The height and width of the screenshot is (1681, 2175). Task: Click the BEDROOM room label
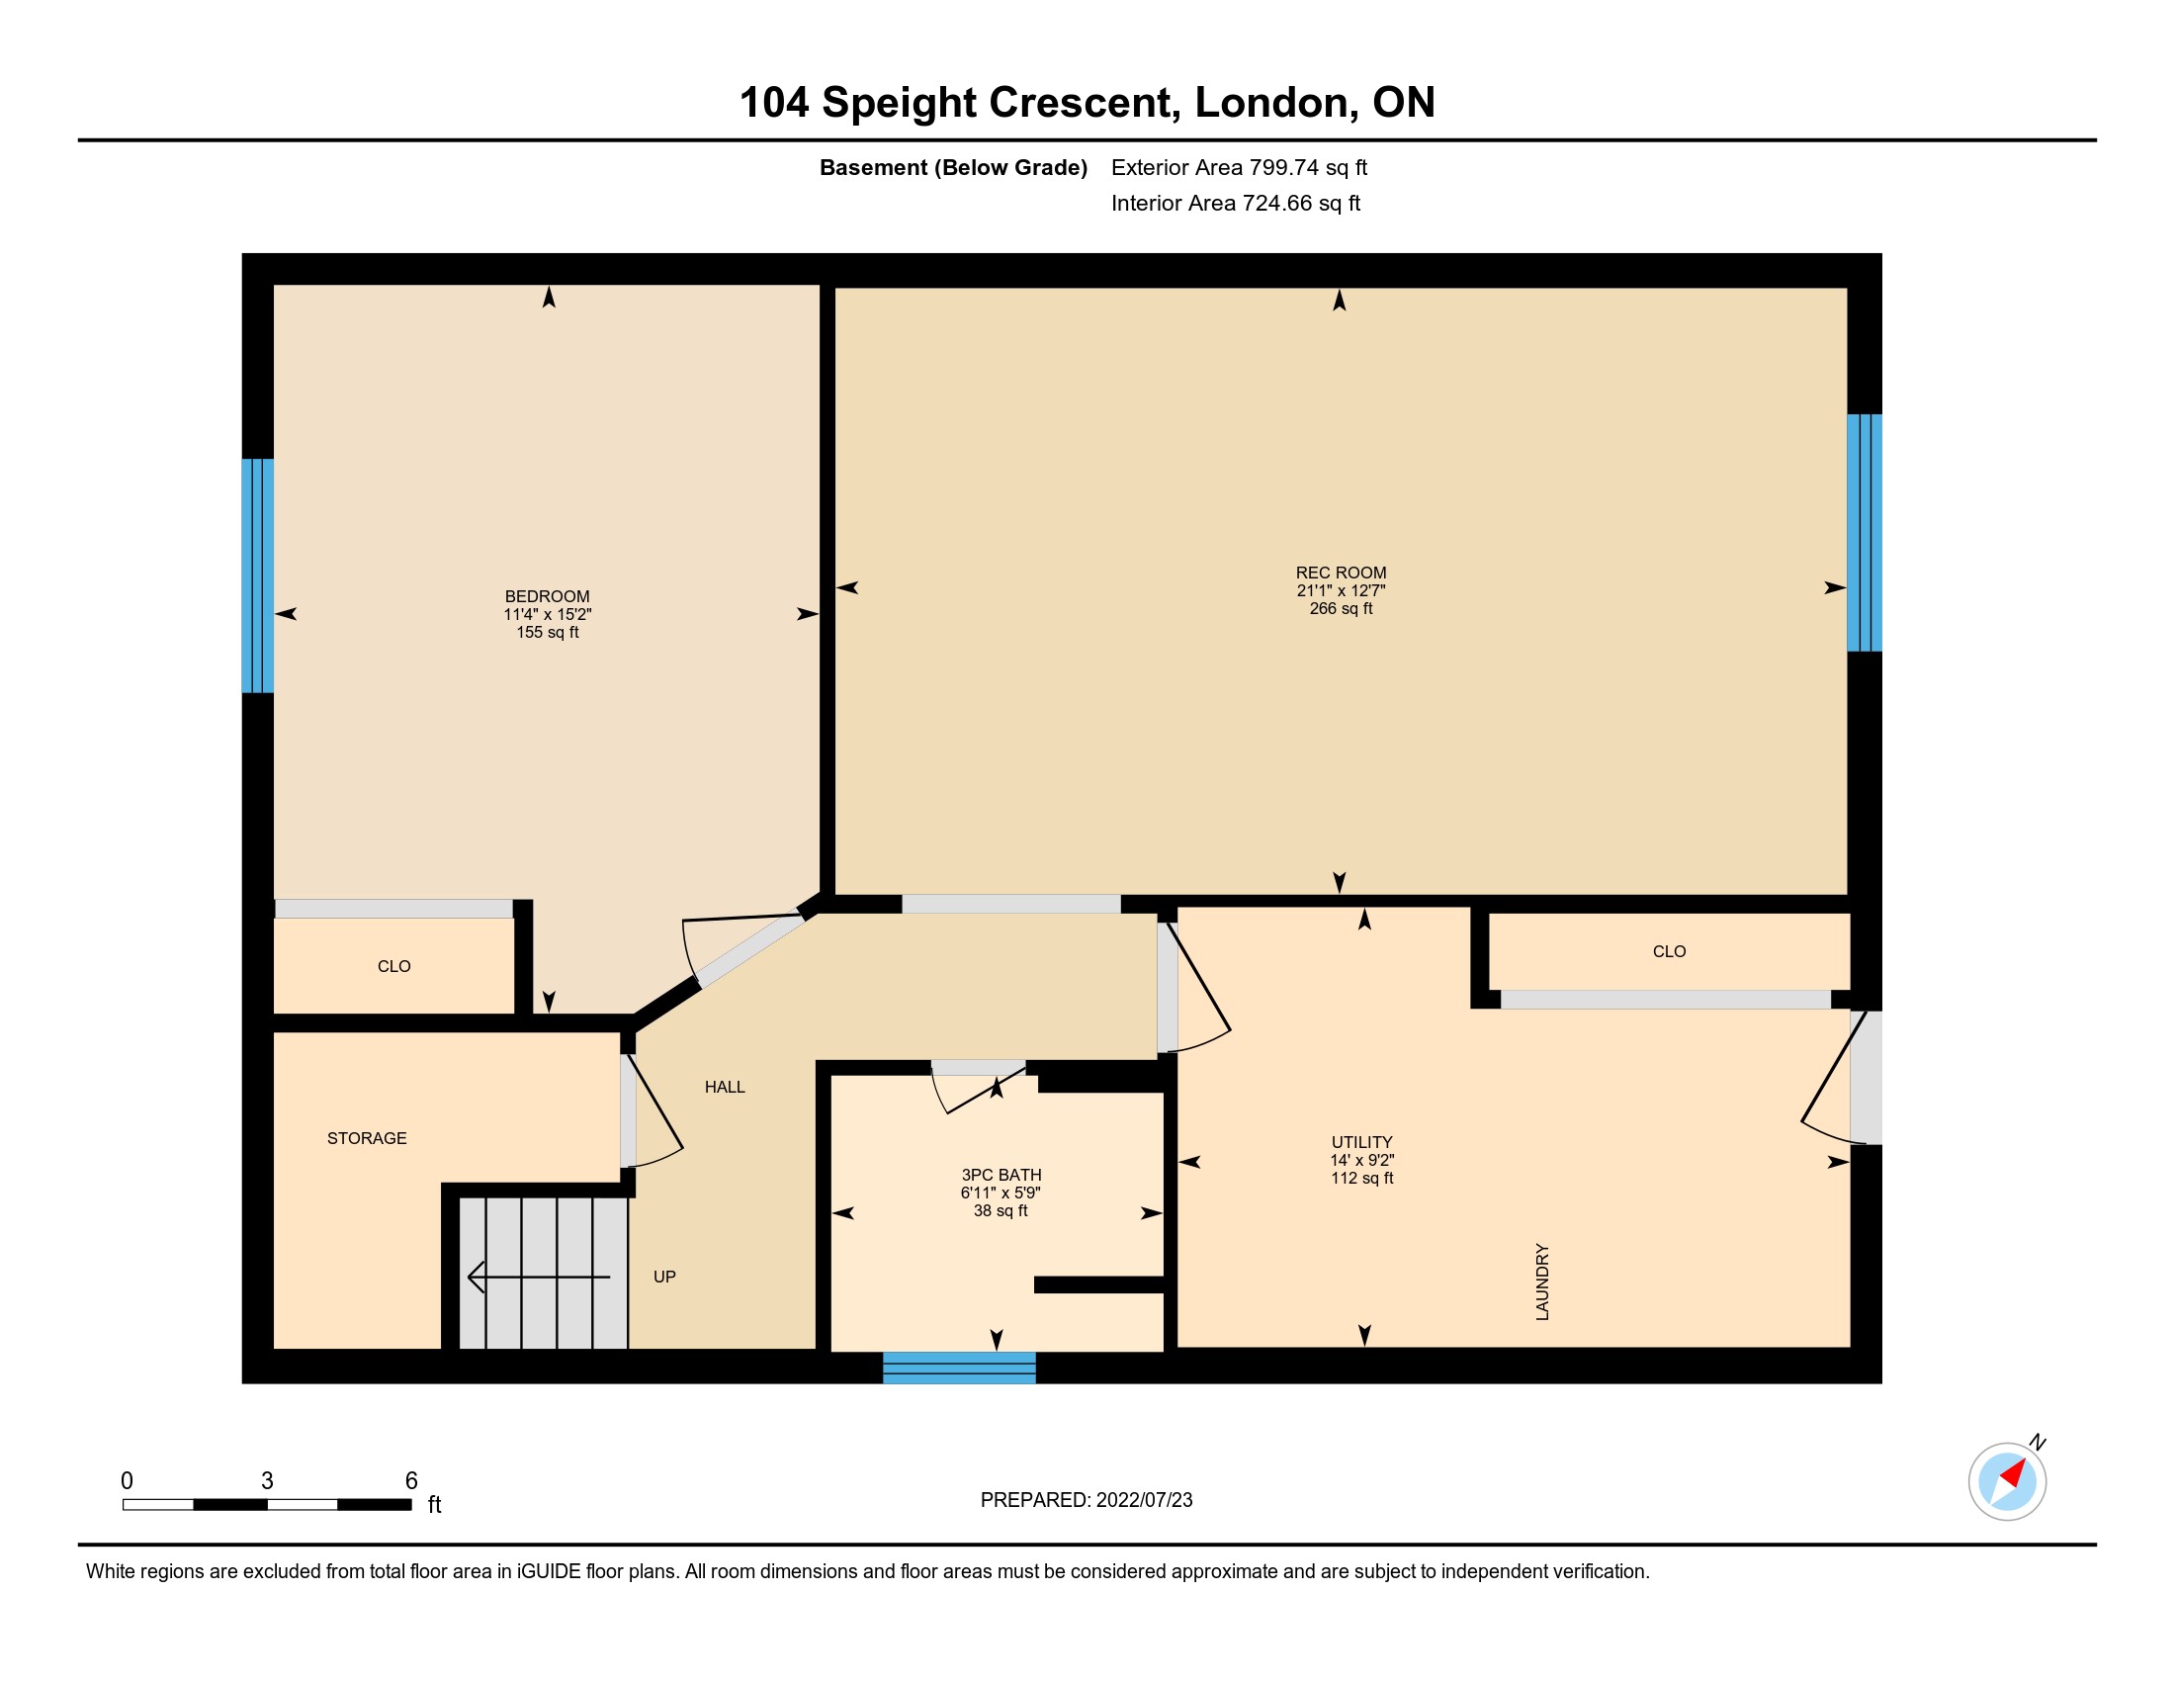547,596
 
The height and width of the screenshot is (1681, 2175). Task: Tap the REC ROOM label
1341,573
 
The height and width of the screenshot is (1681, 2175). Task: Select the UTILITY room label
1361,1142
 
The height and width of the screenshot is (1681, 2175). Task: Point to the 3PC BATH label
1000,1175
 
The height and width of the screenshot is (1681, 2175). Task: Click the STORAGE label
367,1138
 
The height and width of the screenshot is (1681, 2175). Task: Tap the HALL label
724,1088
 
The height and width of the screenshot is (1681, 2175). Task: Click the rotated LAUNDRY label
1542,1282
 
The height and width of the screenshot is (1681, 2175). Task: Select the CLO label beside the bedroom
393,967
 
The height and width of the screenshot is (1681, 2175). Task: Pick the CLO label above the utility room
1669,952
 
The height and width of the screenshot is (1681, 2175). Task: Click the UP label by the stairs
664,1277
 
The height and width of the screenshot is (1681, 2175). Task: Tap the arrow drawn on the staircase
539,1277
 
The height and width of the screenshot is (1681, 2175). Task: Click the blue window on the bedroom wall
258,575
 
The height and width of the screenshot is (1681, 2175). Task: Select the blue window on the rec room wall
1865,533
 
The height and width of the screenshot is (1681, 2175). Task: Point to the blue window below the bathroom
959,1368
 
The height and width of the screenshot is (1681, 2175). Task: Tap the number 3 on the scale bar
267,1481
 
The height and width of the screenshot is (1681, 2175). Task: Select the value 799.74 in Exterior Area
1284,167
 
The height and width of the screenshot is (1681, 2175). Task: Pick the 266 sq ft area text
1341,608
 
